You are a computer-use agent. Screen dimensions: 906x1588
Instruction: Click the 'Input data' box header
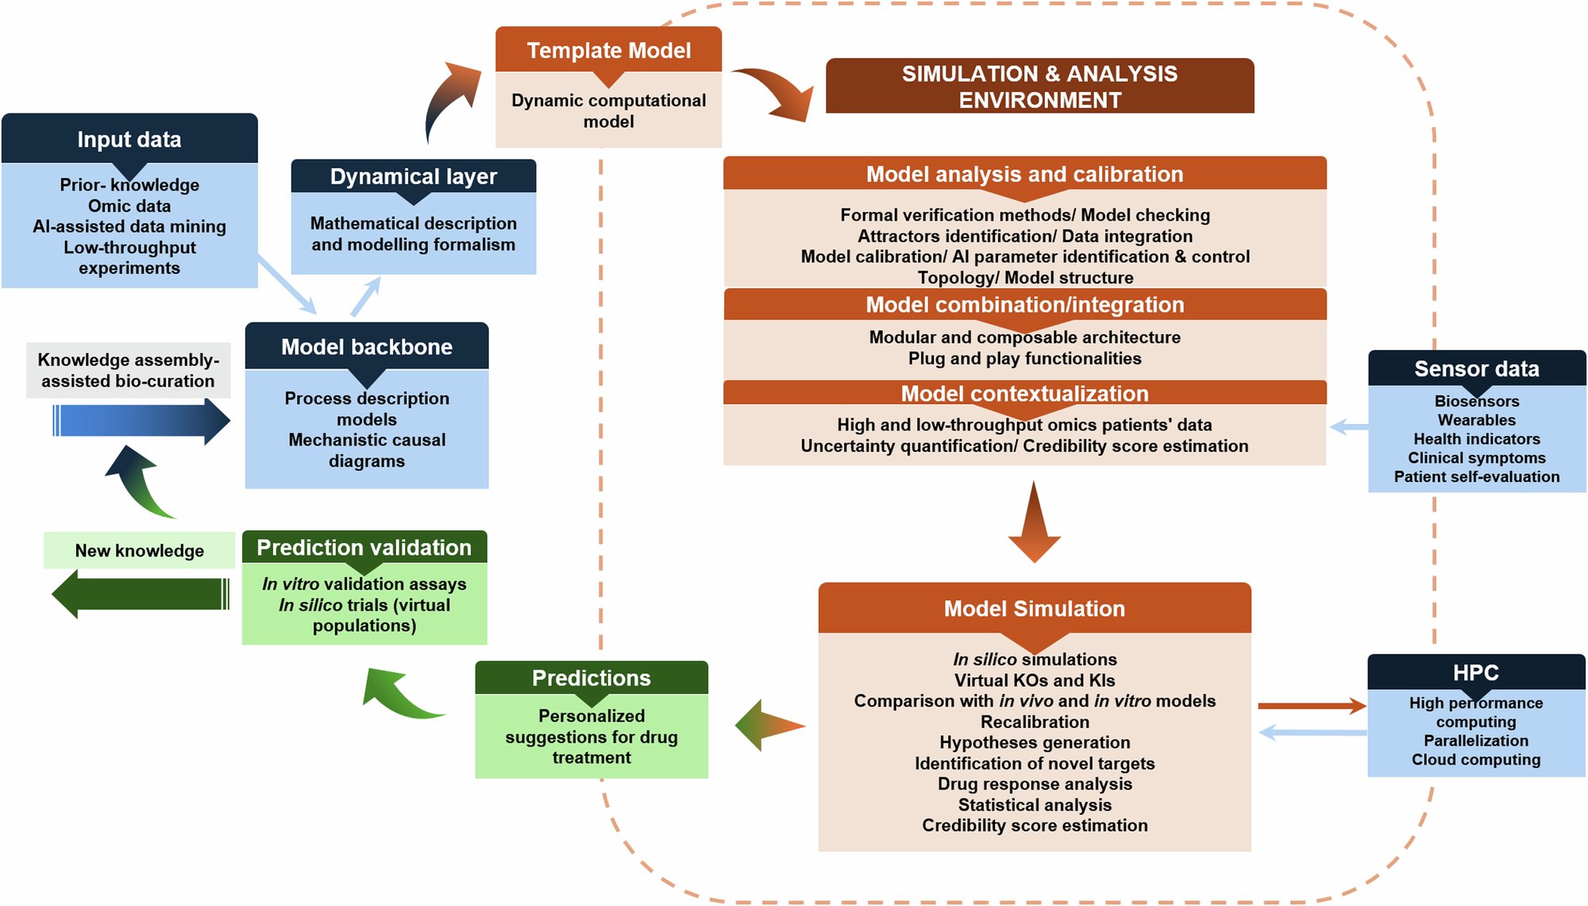[x=129, y=139]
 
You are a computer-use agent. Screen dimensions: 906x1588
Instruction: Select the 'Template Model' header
[x=608, y=50]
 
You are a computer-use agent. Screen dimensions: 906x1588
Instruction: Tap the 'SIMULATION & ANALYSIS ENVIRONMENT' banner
[x=1039, y=86]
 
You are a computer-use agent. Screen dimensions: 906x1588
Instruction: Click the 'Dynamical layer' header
[x=413, y=175]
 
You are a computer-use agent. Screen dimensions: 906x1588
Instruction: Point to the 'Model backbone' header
[x=366, y=346]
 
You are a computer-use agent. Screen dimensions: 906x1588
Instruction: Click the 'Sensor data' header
[x=1476, y=368]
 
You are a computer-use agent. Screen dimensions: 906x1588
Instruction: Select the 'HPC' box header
[x=1475, y=672]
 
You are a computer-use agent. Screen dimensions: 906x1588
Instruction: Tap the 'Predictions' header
[x=591, y=677]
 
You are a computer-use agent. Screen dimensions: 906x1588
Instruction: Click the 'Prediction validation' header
[x=364, y=547]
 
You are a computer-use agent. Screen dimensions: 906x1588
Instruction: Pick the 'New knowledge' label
[x=139, y=550]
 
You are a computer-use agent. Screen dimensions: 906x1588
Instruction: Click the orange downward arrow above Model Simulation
[x=1034, y=524]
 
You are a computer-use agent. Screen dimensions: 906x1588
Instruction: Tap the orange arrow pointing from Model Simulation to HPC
[x=1311, y=705]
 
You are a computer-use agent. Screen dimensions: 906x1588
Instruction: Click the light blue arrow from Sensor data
[x=1348, y=427]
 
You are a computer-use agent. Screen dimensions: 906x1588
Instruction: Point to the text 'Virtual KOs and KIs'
[x=1034, y=680]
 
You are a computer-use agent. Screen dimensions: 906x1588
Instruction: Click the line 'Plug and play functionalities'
[x=1024, y=358]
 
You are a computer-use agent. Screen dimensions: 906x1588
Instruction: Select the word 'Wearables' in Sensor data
[x=1476, y=420]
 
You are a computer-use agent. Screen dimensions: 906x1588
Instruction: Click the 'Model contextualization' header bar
[x=1024, y=393]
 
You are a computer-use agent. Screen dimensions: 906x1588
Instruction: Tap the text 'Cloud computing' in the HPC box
[x=1475, y=759]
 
